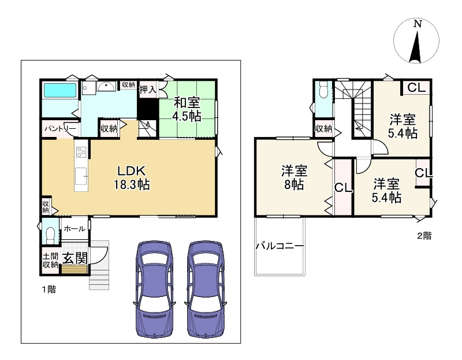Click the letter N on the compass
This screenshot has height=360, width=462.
[417, 24]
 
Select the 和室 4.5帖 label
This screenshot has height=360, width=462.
[187, 109]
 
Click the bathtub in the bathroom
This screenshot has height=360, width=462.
[60, 90]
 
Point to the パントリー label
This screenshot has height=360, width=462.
[60, 129]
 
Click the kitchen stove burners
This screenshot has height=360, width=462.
[81, 152]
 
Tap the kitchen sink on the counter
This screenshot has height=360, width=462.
[81, 176]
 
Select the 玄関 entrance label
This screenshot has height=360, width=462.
[75, 258]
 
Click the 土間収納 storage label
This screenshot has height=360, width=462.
[50, 261]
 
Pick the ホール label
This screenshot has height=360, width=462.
[74, 228]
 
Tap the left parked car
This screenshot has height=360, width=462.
[154, 289]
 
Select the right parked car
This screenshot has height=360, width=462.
[206, 289]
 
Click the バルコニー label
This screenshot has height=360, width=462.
[280, 246]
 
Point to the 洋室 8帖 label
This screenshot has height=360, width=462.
[294, 178]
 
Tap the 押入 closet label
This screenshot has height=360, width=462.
[148, 90]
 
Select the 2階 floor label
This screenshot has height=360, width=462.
[424, 236]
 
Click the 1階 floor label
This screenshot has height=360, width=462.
[49, 290]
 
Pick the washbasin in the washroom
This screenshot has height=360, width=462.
[106, 87]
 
